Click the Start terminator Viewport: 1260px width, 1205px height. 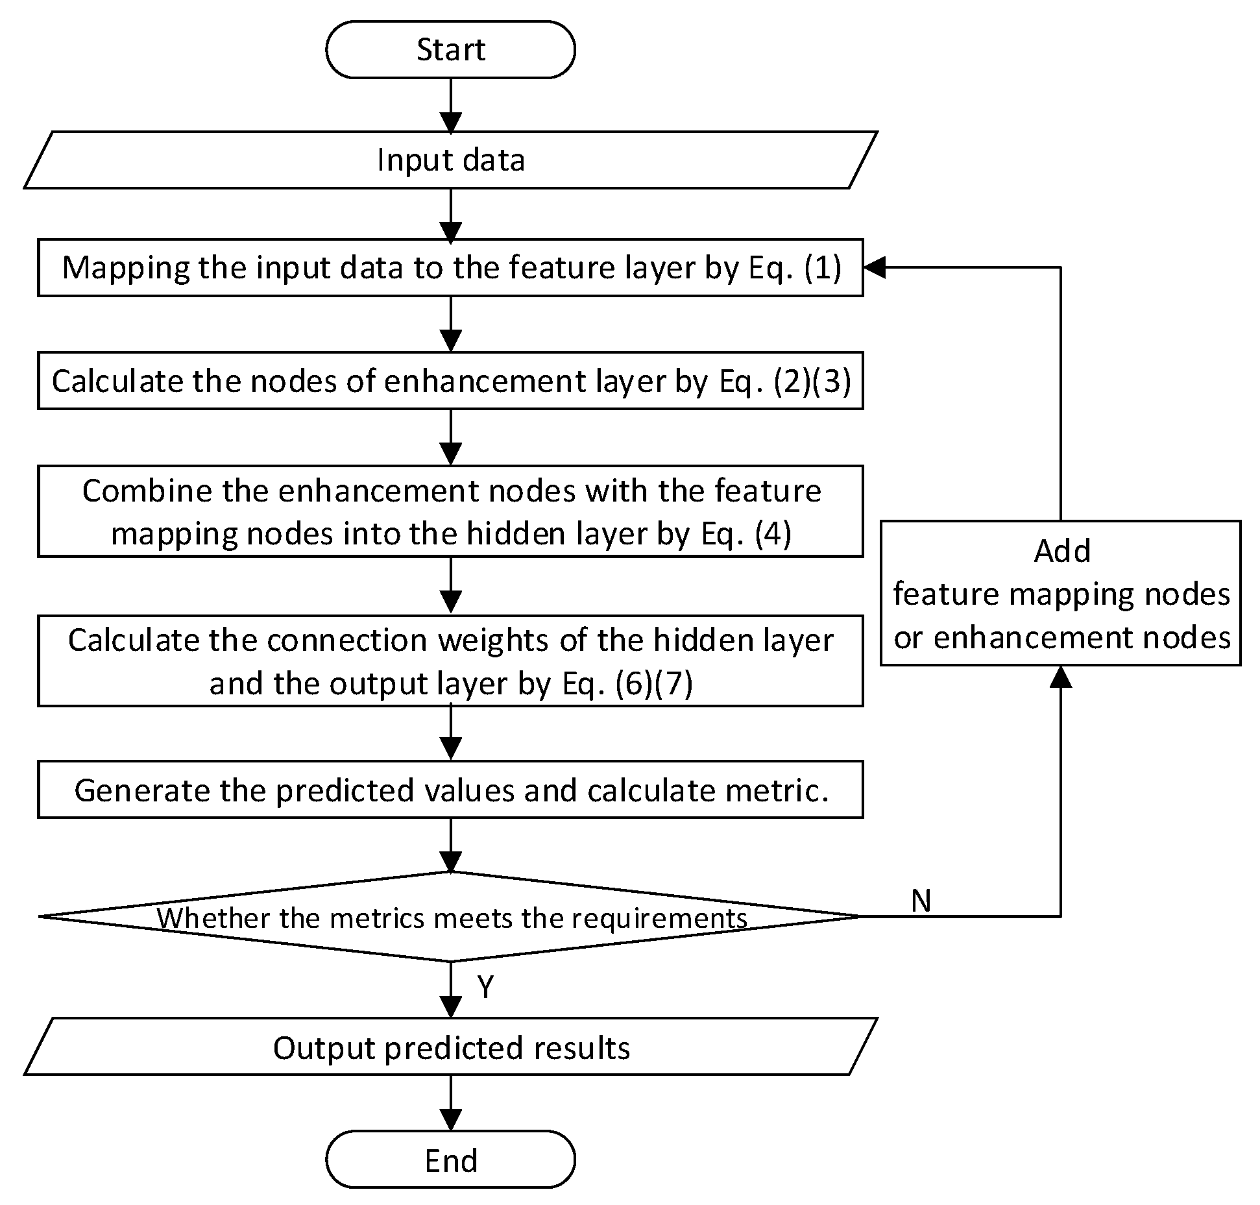(450, 49)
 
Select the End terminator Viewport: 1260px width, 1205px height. (450, 1160)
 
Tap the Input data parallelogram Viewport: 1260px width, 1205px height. (450, 160)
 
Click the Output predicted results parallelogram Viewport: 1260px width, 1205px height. (450, 1048)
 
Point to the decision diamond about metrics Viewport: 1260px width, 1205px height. (450, 916)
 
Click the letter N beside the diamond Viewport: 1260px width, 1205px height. (921, 901)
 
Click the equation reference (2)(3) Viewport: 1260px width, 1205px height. (812, 381)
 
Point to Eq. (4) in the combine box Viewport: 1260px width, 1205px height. (746, 534)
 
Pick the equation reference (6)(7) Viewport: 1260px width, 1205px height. (653, 683)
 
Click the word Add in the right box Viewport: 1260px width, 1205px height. (1061, 551)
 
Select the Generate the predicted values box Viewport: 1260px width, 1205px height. (450, 789)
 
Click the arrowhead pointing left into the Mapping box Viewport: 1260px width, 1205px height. (873, 267)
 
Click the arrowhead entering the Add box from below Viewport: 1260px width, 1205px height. (1061, 676)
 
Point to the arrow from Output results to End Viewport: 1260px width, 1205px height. (450, 1104)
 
